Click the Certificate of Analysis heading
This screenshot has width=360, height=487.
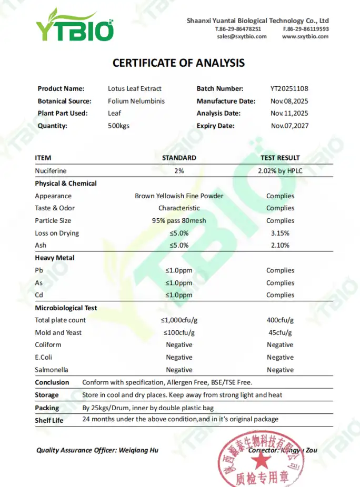point(178,63)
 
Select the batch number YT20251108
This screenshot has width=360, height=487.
point(289,89)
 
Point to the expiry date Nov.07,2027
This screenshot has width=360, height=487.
point(289,126)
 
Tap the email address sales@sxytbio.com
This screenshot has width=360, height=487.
point(241,37)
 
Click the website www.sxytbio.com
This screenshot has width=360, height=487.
point(305,37)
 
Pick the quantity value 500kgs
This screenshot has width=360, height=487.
point(118,126)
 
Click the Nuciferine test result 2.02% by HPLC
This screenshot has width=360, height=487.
point(280,171)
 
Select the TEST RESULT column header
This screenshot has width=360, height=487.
point(280,158)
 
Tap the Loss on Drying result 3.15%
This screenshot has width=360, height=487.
point(280,233)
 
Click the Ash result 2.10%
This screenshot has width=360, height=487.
point(280,245)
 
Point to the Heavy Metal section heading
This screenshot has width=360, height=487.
point(55,258)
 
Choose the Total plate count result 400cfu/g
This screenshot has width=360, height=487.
point(280,320)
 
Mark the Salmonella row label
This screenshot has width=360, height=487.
point(52,370)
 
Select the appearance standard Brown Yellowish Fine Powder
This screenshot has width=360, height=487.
point(179,196)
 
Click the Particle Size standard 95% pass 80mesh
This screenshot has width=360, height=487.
point(179,220)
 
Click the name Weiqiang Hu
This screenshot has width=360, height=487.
point(139,450)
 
